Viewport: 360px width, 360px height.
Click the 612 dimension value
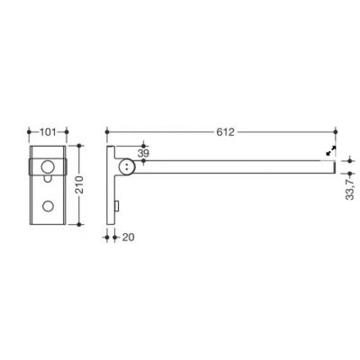[x=225, y=132]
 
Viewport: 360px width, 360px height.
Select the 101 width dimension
[x=48, y=131]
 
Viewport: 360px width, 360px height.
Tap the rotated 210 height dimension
[x=79, y=184]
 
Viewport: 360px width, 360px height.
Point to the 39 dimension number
[x=143, y=153]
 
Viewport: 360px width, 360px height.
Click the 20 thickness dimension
[x=129, y=238]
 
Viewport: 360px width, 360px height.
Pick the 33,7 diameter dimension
[x=350, y=188]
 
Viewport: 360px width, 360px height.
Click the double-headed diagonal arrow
[x=331, y=150]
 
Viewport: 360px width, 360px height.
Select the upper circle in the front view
[x=48, y=166]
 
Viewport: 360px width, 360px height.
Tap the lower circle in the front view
[x=48, y=206]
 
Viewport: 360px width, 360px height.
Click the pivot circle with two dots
[x=127, y=166]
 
